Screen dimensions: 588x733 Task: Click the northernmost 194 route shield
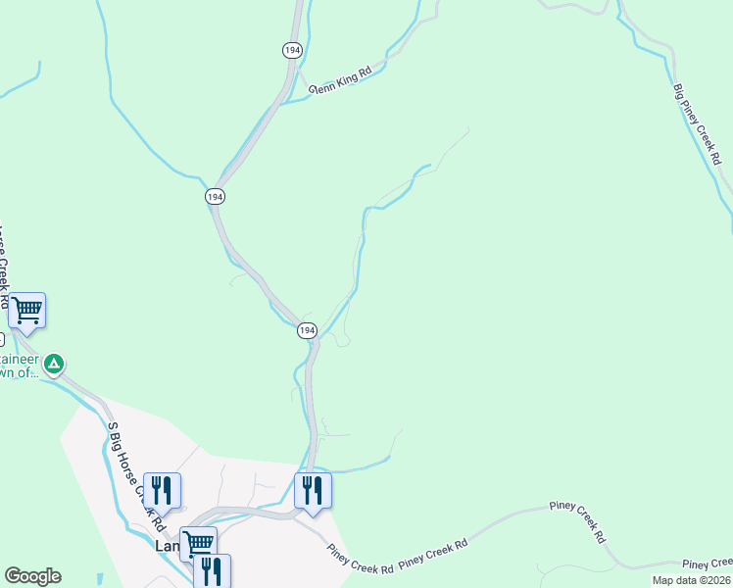(292, 49)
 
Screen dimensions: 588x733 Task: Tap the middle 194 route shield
(216, 196)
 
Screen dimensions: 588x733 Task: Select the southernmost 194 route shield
(307, 331)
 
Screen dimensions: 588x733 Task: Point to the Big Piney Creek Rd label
(698, 123)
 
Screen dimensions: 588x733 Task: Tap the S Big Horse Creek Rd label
(131, 465)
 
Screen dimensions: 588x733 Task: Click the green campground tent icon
(55, 365)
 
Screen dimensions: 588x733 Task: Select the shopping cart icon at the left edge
(26, 311)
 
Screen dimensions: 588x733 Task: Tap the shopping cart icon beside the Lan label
(197, 542)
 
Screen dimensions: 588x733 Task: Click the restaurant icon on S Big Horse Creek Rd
(162, 489)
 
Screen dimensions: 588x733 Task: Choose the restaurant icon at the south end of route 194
(313, 489)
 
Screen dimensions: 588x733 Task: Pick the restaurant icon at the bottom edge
(212, 570)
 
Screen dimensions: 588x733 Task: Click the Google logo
(32, 576)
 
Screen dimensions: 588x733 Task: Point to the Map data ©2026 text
(691, 580)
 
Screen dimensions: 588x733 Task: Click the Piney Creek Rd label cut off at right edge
(708, 563)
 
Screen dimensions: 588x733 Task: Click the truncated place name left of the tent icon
(18, 366)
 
